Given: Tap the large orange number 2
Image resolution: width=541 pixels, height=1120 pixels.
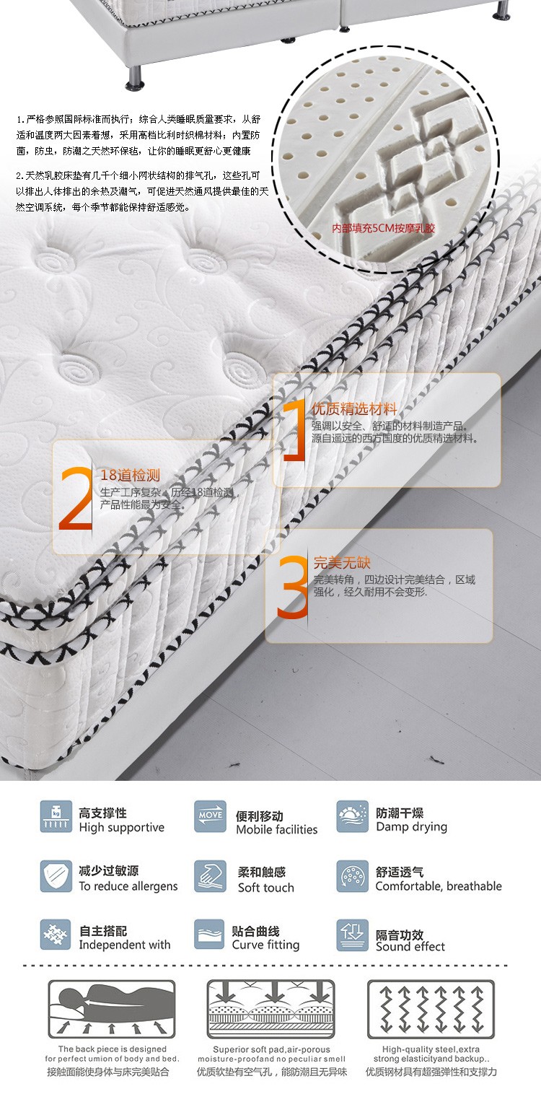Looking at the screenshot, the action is (76, 498).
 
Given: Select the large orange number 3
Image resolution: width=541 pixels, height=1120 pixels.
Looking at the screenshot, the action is (292, 587).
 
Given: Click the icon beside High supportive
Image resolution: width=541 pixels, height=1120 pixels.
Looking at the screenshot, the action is (56, 816).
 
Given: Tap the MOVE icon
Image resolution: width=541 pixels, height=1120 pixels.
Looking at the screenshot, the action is (210, 816).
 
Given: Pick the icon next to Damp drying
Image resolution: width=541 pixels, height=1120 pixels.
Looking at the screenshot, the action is (353, 816).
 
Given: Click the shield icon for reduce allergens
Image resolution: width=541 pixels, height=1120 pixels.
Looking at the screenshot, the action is (56, 876).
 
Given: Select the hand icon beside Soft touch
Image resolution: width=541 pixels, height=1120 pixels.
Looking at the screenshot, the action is (210, 876).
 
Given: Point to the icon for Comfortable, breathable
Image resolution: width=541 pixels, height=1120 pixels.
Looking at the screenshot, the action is (353, 876).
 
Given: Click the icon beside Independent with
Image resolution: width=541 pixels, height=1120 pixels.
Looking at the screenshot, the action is (56, 935).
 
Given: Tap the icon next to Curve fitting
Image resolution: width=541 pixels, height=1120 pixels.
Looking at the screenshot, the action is (209, 934).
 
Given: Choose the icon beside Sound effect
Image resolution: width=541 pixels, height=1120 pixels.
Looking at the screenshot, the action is (353, 935).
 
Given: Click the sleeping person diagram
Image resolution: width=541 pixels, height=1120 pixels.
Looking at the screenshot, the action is (112, 1009).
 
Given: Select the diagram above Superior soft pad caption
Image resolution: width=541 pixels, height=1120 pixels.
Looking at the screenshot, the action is (271, 1009).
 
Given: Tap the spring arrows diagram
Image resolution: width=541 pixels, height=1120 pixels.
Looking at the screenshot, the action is (431, 1009).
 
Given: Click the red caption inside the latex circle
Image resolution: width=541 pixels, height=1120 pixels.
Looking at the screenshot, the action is (384, 229).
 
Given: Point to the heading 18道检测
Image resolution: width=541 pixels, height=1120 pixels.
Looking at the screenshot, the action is (130, 475).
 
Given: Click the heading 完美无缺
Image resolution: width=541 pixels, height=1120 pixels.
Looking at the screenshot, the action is (342, 562).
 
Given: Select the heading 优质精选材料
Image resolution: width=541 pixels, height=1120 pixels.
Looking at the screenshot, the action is (354, 409).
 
